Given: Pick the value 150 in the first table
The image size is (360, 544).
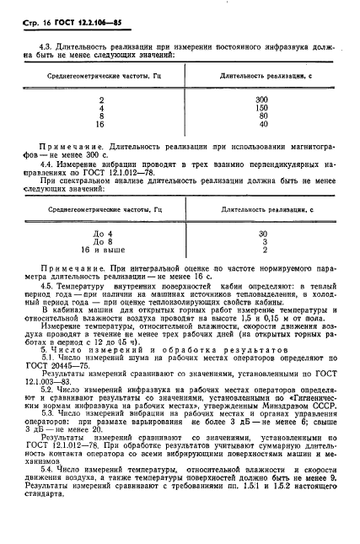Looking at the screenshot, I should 262,108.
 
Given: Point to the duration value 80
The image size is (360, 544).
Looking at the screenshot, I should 263,116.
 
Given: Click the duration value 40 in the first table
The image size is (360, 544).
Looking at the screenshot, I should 263,126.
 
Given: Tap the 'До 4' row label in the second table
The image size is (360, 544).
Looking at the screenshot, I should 101,232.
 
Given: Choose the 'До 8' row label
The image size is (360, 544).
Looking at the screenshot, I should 101,241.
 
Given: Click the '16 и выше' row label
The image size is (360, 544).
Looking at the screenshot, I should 102,250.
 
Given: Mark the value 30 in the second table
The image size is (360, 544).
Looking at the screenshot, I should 263,232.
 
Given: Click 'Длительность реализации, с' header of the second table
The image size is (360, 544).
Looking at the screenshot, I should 262,207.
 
